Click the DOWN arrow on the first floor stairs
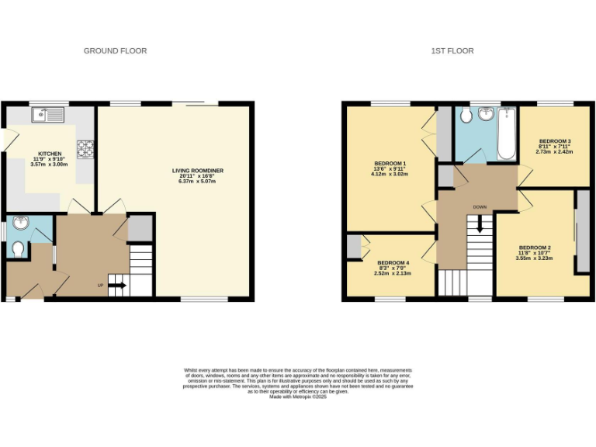point(480,224)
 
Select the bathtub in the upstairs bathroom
point(507,133)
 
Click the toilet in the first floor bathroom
point(465,116)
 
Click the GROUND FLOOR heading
point(115,50)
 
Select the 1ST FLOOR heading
point(452,50)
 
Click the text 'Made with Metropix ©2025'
point(298,397)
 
